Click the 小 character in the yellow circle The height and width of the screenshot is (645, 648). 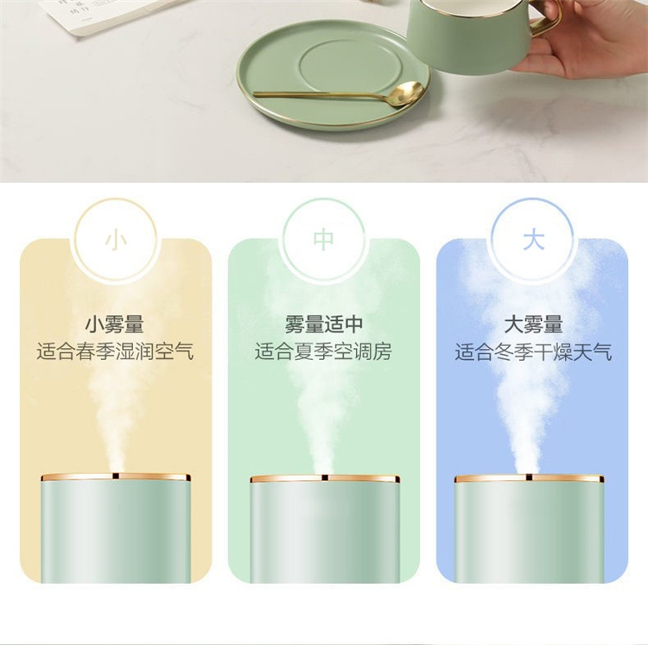point(115,241)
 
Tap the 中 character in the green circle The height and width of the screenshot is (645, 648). point(324,240)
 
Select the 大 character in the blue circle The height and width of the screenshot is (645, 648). point(533,240)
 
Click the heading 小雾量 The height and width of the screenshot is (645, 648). point(114,325)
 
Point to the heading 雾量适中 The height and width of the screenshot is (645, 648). point(324,325)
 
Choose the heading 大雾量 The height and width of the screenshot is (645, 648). point(533,325)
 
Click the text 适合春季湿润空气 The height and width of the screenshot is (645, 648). point(115,351)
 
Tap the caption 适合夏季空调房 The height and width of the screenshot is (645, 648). point(323,351)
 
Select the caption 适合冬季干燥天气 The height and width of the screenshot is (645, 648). point(533,352)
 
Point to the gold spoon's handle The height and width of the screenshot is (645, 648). point(322,95)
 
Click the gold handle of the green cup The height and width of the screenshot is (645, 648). point(547,22)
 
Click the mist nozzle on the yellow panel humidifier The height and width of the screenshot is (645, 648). point(116,476)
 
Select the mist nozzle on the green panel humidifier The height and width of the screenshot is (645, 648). point(325,477)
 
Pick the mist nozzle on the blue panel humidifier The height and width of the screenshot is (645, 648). point(529,477)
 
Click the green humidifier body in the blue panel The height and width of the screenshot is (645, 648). point(529,531)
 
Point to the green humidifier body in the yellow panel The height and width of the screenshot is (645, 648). point(116,531)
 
